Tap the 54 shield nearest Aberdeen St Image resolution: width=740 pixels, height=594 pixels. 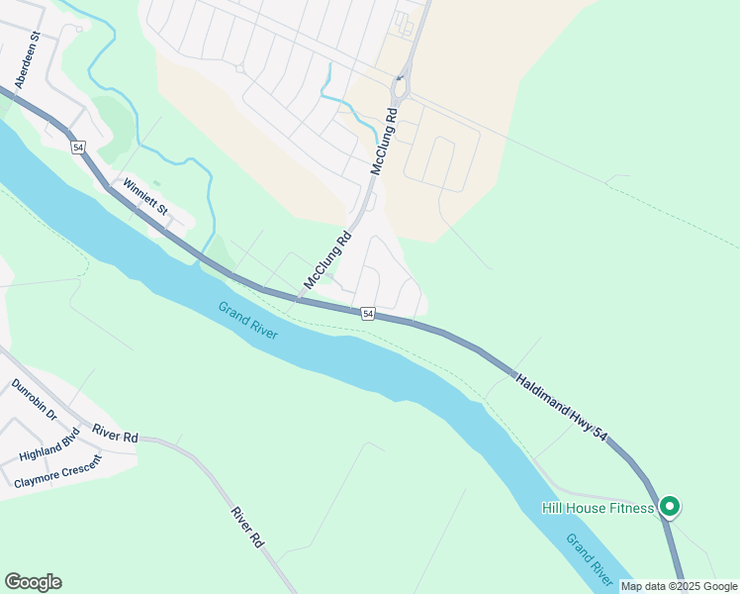[78, 147]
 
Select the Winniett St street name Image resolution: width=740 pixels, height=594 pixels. [146, 196]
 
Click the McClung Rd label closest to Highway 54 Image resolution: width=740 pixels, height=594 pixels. [328, 260]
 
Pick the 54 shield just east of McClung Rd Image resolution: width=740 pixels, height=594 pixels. [368, 314]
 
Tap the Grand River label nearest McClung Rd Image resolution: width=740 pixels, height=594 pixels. [248, 321]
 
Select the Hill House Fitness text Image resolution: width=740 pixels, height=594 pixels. [598, 508]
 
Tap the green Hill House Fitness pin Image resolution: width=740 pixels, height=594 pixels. [669, 507]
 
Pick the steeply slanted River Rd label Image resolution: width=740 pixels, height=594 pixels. [246, 528]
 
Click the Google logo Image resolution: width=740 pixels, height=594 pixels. [33, 582]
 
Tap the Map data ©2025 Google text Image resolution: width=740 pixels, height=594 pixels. [680, 586]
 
